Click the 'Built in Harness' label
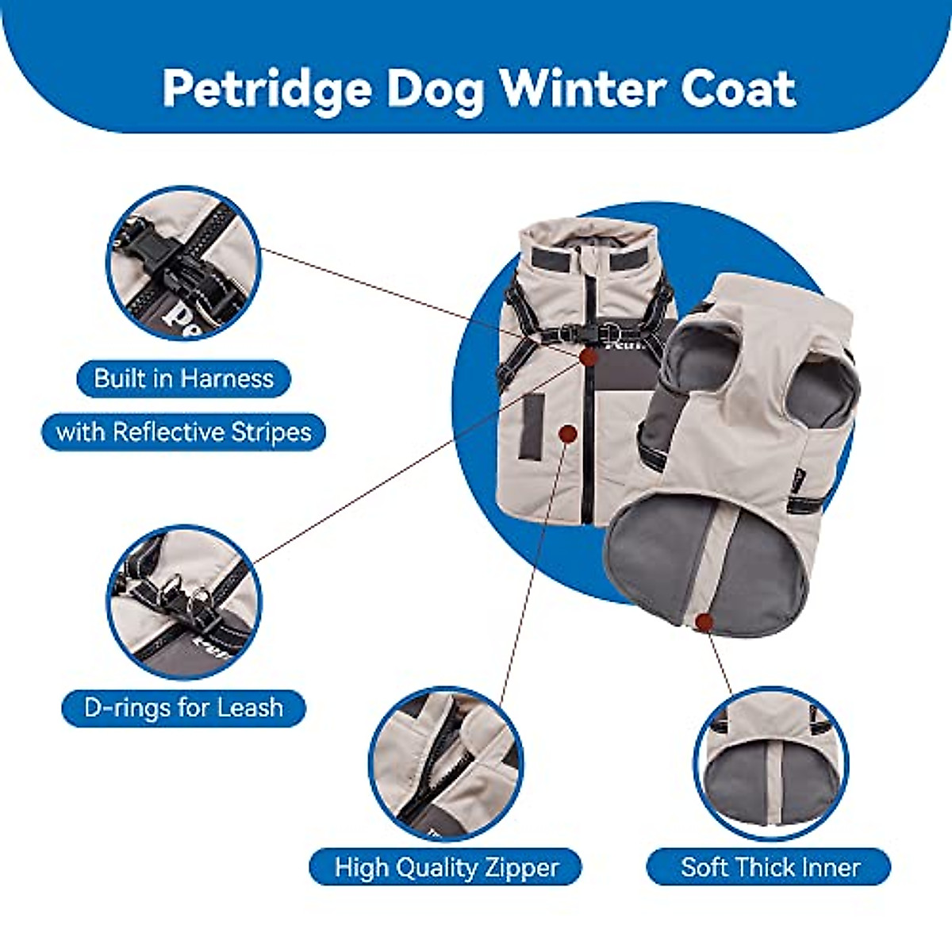(x=183, y=378)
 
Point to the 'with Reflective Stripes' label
(x=183, y=432)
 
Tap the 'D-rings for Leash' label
(x=183, y=707)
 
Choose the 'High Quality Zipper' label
(x=446, y=867)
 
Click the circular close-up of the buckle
(x=183, y=263)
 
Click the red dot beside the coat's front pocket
(x=567, y=433)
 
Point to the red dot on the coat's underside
(x=702, y=623)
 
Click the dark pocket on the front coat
(x=533, y=427)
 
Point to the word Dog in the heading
(x=435, y=89)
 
